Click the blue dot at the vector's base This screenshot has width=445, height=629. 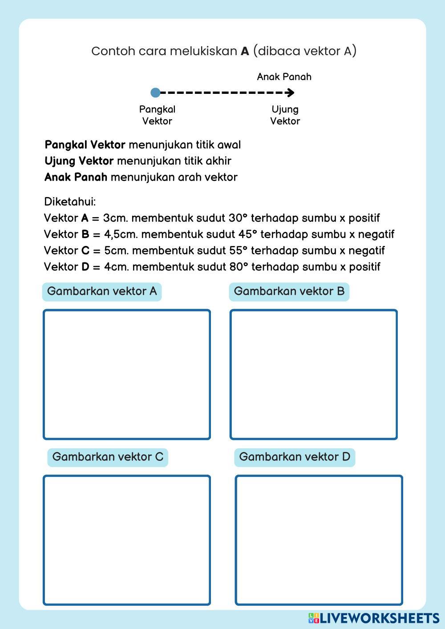tap(155, 93)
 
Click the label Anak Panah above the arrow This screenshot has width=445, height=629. tap(284, 77)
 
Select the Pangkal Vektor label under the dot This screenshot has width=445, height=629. tap(157, 115)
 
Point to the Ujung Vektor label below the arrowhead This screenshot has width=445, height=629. tap(285, 115)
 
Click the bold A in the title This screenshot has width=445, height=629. tap(245, 51)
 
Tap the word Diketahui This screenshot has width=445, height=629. tap(70, 202)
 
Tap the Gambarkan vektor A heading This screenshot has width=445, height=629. tap(102, 291)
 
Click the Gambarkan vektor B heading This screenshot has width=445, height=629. tap(289, 291)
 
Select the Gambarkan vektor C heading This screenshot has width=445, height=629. tap(108, 457)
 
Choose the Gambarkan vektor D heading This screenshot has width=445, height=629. tap(295, 457)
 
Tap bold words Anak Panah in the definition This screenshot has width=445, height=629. tap(76, 177)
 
